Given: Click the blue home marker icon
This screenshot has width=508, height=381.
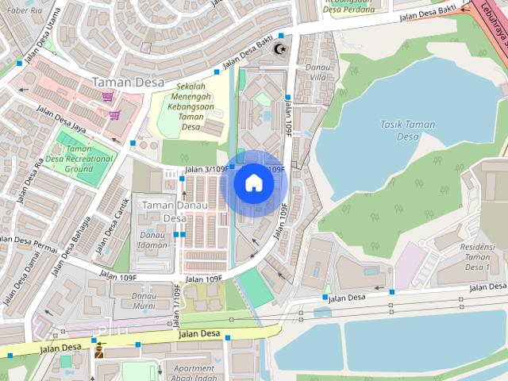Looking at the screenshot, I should [x=253, y=183].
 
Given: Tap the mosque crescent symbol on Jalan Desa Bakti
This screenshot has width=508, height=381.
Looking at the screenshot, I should [x=279, y=49].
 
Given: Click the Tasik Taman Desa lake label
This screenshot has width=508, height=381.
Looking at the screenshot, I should [x=406, y=130].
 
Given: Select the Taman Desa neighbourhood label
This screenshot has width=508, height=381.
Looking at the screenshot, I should [x=128, y=82].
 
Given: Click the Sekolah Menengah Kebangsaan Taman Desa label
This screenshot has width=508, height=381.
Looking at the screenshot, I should [x=190, y=106].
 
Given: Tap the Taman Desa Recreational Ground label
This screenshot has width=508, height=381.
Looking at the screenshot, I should [x=79, y=159].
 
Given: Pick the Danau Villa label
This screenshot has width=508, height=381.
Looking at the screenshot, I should [x=317, y=72].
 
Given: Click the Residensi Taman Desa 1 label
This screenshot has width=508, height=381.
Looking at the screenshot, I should [x=476, y=256].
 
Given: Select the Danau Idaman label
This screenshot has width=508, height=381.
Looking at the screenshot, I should [x=152, y=239].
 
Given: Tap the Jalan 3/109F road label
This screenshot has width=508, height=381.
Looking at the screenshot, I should [x=206, y=169].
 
